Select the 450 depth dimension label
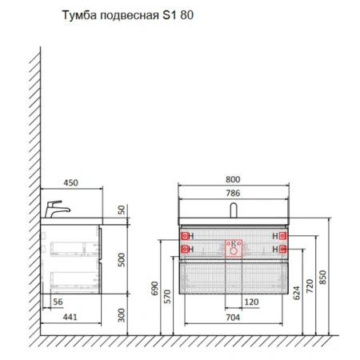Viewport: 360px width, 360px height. tap(72, 182)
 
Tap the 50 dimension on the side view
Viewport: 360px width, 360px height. tap(121, 210)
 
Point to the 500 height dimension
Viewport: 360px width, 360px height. tap(121, 260)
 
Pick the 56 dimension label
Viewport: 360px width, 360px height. tap(57, 302)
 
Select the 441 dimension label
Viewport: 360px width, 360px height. tap(71, 318)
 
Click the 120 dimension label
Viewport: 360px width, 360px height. tap(250, 302)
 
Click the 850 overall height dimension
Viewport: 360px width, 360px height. tap(324, 277)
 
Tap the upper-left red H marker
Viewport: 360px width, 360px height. tap(186, 237)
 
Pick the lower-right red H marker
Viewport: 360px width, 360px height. tap(282, 250)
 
